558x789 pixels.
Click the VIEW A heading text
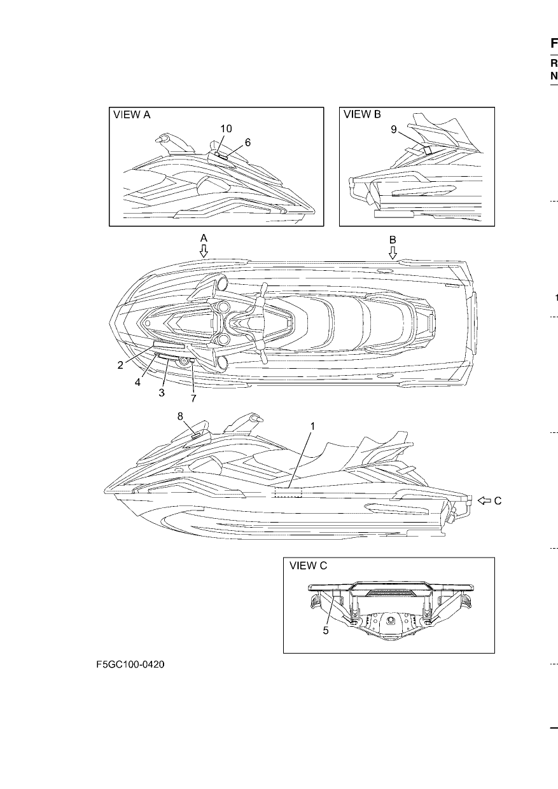coord(132,115)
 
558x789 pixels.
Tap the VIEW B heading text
coord(362,114)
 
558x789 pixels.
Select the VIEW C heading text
coord(308,566)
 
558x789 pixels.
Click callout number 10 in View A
coord(227,129)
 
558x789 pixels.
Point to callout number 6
coord(248,142)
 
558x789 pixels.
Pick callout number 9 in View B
coord(394,130)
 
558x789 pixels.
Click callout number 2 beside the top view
coord(120,366)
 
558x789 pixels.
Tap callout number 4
coord(137,382)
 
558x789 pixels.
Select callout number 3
coord(162,393)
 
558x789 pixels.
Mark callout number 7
coord(193,399)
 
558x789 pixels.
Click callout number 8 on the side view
coord(180,416)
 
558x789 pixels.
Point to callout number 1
coord(312,427)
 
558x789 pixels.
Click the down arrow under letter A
coord(204,250)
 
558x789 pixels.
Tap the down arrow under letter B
coord(393,252)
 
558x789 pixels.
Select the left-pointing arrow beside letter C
coord(484,500)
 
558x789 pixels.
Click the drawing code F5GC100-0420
coord(130,664)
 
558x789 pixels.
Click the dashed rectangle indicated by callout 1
coord(289,493)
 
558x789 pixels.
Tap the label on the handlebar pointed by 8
coord(196,436)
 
